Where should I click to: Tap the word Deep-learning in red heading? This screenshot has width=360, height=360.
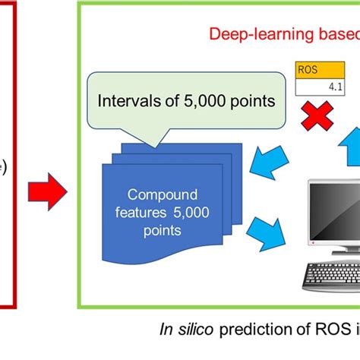(x=248, y=34)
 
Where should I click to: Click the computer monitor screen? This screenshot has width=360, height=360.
(x=334, y=212)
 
